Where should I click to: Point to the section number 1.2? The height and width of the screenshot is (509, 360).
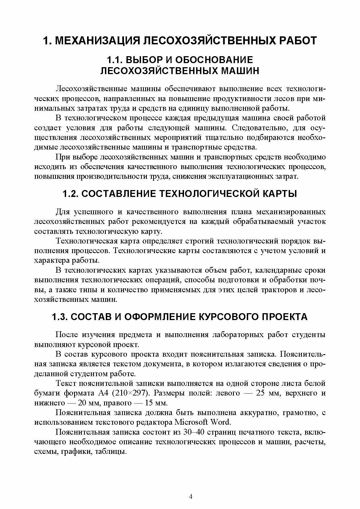coord(71,194)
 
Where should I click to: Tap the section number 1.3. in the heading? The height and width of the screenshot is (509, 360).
coord(60,317)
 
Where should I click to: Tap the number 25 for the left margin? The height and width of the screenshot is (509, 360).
coord(261,393)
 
